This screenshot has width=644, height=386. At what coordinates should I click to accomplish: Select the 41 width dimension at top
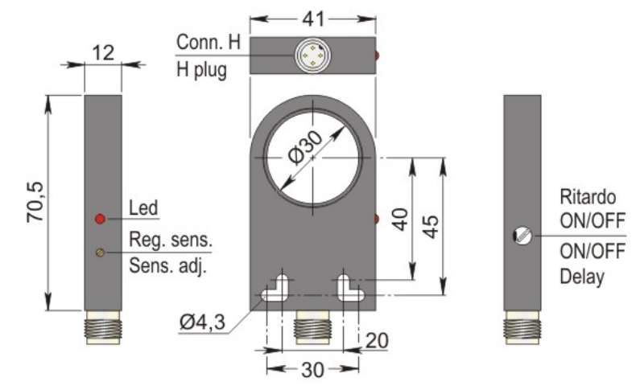pos(312,17)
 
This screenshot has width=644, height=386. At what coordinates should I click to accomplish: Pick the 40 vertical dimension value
pos(400,218)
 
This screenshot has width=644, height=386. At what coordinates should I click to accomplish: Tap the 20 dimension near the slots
pos(376,341)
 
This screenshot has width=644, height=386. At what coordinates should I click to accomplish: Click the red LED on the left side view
pos(100,219)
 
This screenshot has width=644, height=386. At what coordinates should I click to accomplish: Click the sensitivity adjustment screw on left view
pos(100,253)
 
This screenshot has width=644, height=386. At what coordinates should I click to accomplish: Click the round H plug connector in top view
pos(311,55)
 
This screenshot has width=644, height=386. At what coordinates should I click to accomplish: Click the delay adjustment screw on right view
pos(522,236)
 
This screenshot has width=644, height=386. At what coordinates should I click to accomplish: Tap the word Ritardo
pos(588,198)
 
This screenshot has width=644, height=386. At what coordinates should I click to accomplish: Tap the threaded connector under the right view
pos(522,331)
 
